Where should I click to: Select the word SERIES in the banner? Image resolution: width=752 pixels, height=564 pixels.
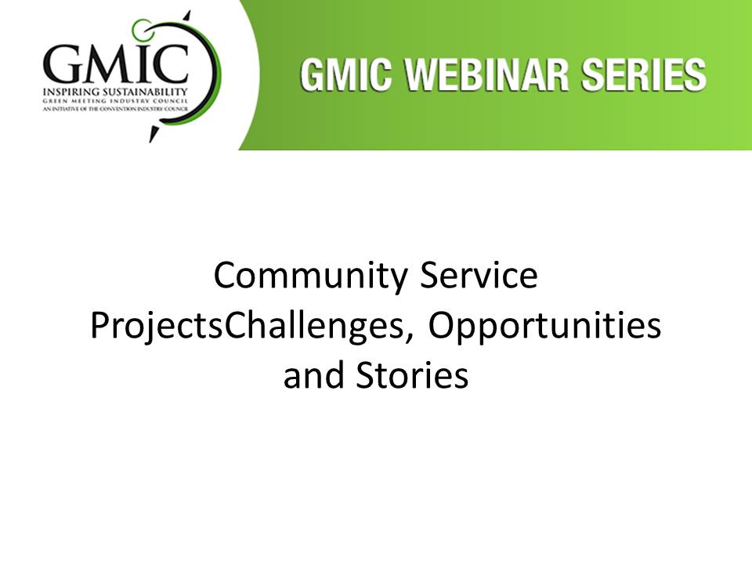[x=644, y=75]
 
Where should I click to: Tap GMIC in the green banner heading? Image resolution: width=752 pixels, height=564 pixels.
[x=345, y=75]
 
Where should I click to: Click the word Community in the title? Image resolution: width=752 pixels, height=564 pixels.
[x=311, y=277]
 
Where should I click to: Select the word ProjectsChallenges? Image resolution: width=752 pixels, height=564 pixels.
[x=248, y=326]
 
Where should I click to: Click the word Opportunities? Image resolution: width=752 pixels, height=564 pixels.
[x=544, y=326]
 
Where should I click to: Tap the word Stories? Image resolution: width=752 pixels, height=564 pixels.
[x=412, y=375]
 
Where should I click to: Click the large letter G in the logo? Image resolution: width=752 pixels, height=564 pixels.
[x=63, y=64]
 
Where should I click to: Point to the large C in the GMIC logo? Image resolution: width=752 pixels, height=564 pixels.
[x=169, y=63]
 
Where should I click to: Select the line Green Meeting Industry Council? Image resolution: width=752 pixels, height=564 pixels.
[x=115, y=101]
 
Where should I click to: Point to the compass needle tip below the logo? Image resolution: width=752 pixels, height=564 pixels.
[x=150, y=142]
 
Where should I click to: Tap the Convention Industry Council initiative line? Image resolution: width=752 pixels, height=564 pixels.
[x=115, y=109]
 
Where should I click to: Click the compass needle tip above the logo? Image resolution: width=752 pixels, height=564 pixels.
[x=190, y=11]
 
